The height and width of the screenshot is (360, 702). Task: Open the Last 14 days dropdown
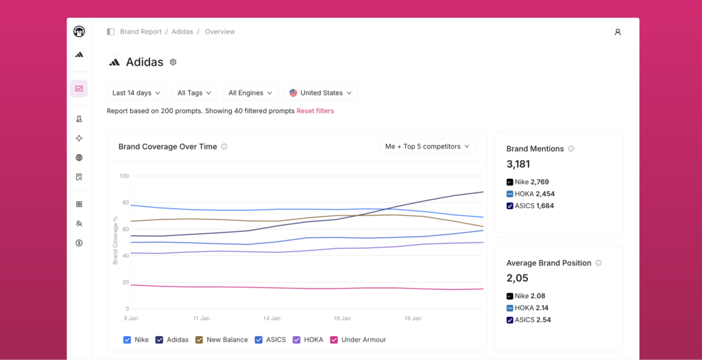pos(136,93)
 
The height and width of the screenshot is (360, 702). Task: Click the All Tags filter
pos(194,93)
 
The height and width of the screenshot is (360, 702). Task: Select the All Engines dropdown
pos(250,93)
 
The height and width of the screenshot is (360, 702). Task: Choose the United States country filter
pos(321,93)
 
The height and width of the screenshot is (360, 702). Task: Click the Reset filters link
pos(315,111)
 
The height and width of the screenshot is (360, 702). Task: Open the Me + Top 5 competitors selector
pos(428,147)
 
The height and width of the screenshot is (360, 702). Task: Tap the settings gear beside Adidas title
pos(173,62)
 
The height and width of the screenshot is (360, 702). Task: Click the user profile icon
pos(618,32)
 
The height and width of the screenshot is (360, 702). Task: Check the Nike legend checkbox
pos(127,340)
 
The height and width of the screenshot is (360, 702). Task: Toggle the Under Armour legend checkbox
pos(334,340)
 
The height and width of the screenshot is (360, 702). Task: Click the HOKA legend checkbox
pos(296,340)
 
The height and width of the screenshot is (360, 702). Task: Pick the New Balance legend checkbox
pos(199,340)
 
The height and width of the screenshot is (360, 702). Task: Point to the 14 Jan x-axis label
pos(271,319)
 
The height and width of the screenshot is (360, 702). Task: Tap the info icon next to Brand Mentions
pos(571,149)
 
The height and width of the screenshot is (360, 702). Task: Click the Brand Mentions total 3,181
pos(518,165)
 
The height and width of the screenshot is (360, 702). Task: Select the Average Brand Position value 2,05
pos(518,278)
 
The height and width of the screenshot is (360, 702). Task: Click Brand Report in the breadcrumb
pos(141,32)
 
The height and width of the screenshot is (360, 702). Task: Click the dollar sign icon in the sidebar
pos(80,243)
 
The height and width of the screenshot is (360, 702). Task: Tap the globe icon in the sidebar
pos(80,158)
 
